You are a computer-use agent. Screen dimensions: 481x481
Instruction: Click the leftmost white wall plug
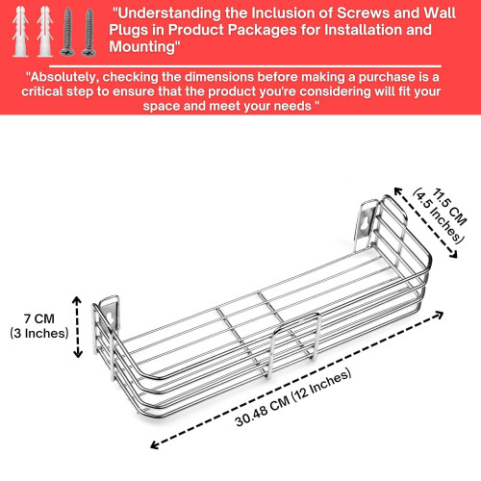tap(20, 32)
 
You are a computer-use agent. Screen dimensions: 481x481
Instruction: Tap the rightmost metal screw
tap(89, 33)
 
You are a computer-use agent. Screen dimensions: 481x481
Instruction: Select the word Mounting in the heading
tap(141, 46)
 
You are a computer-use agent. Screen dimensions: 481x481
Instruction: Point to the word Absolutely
tap(63, 77)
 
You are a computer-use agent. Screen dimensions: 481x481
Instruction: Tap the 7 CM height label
tap(39, 318)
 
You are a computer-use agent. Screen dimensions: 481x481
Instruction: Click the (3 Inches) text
tap(39, 333)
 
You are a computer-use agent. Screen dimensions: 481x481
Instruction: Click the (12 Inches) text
tap(321, 385)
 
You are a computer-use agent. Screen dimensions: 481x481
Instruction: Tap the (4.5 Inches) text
tap(439, 216)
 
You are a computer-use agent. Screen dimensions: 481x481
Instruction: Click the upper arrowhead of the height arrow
tap(76, 300)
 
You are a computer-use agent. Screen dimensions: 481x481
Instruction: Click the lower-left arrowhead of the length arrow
tap(154, 444)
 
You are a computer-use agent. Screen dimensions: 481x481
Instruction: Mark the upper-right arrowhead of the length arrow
tap(440, 315)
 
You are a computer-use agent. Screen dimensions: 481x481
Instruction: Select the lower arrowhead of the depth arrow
tap(454, 255)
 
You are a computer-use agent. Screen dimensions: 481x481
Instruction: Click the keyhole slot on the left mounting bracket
tap(110, 316)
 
